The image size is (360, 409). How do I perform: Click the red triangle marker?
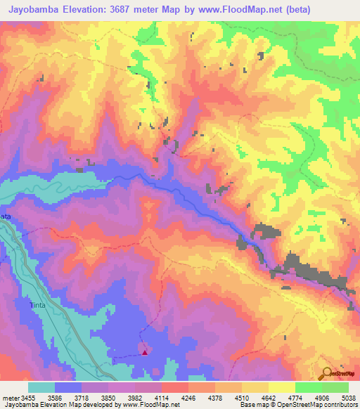pos(145,353)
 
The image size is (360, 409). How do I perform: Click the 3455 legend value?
pos(28,398)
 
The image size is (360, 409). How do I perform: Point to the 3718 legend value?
pos(81,398)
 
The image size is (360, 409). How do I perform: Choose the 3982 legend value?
pos(135,398)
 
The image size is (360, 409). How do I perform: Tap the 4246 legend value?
pos(188,398)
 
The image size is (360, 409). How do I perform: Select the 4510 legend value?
pos(243,398)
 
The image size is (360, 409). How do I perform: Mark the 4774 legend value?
pos(296,398)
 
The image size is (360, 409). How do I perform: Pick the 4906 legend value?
pos(323,398)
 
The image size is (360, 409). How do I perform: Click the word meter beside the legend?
pos(11,398)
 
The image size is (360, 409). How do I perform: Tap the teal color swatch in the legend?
pos(41,388)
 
